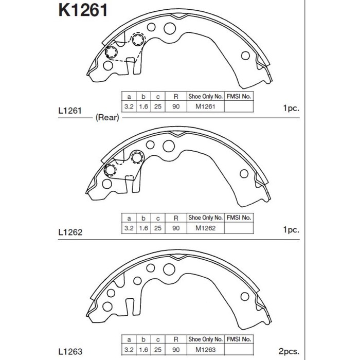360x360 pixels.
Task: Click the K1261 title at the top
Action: pos(83,10)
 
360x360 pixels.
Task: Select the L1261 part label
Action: pos(70,111)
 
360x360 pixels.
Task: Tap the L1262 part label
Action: pos(70,232)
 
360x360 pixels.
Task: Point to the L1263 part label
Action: pos(70,351)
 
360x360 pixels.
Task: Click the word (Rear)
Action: pos(107,118)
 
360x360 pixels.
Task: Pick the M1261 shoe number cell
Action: pos(205,106)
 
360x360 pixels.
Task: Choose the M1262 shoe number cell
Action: pos(206,228)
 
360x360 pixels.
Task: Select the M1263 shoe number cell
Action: pos(206,350)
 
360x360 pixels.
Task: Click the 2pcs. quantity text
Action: pos(289,351)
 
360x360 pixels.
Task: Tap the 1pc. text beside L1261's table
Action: pos(292,108)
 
